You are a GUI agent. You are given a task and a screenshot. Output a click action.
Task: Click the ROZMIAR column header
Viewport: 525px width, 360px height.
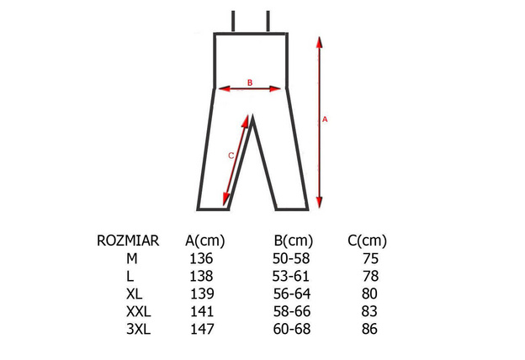[128, 241]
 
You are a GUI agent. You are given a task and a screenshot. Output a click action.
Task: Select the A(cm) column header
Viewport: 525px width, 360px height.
[205, 241]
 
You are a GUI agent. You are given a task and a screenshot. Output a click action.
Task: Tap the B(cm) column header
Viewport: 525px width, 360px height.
[294, 241]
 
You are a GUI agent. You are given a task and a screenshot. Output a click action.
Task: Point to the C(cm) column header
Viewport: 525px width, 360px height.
[368, 241]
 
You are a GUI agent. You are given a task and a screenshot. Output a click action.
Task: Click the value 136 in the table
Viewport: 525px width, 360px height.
[201, 258]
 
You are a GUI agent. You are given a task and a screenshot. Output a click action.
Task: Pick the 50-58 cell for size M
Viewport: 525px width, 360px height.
[291, 258]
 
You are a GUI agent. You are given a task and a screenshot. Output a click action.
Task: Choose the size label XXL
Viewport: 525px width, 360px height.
[139, 311]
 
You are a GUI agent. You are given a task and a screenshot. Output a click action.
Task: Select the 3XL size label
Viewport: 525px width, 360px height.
[139, 329]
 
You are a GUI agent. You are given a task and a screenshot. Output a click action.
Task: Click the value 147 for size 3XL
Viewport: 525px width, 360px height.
[202, 329]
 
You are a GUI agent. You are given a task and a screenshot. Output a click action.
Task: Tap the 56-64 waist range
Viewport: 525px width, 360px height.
[292, 294]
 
